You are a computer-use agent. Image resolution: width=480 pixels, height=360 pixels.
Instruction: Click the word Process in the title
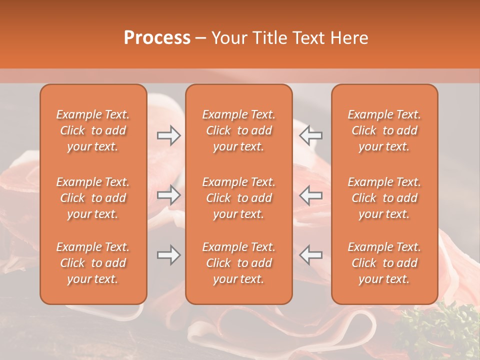pos(157,38)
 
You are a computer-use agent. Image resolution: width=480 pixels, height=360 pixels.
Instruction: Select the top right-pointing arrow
pos(168,135)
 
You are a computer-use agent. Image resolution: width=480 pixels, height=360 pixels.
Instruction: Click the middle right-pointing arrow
pos(168,195)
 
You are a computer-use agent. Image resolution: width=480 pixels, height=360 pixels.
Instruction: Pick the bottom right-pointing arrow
pos(168,255)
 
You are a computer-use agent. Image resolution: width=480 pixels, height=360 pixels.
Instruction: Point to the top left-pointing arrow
pos(310,135)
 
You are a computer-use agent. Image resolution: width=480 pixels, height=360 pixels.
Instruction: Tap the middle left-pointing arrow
pos(310,195)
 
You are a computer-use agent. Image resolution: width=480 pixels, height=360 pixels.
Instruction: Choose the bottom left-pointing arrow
pos(310,255)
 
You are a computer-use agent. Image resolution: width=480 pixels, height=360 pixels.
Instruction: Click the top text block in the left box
pos(93,130)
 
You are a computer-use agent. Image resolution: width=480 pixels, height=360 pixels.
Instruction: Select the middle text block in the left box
pos(93,198)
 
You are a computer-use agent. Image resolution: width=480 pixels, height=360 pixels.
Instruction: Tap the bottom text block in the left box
pos(93,263)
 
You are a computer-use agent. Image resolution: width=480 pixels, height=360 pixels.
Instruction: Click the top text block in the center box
pos(238,130)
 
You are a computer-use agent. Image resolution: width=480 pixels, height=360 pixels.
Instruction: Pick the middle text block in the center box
pos(238,198)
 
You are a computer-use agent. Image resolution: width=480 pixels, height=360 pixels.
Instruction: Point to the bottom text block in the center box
pos(238,263)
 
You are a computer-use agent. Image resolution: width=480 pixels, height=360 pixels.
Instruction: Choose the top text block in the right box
pos(384,130)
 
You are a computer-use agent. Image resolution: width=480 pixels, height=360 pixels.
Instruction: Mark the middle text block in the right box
pos(384,198)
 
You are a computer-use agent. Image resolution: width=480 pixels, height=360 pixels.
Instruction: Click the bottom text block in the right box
pos(384,263)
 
